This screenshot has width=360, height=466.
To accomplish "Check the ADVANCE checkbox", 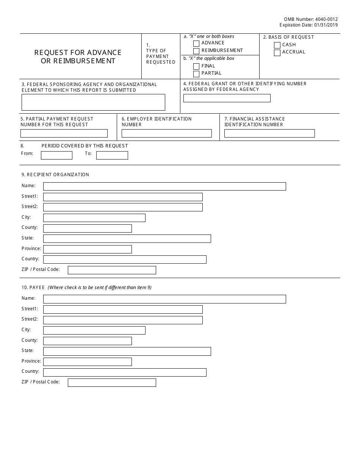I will [x=196, y=44].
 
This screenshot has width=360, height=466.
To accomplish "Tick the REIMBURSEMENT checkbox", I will [x=196, y=51].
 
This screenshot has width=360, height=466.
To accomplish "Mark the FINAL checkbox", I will [x=196, y=66].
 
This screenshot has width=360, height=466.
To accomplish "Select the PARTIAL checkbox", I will [x=196, y=73].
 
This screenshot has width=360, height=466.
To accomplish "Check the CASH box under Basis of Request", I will [x=277, y=45].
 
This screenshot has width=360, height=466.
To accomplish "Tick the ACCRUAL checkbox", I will [x=277, y=53].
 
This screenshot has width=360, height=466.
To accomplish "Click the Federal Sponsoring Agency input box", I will [x=93, y=102].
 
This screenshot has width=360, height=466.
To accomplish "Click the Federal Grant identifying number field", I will [x=227, y=98].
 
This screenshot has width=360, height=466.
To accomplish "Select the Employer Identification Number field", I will [x=166, y=133].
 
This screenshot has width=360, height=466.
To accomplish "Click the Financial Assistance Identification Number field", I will [x=269, y=133].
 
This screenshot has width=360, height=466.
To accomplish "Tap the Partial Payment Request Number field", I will [x=64, y=133].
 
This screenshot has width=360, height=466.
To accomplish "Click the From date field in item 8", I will [x=56, y=155].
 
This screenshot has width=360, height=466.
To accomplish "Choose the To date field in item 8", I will [x=112, y=155].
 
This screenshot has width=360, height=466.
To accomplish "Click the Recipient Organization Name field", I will [x=164, y=186].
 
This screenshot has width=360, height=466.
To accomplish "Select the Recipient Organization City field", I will [x=94, y=218].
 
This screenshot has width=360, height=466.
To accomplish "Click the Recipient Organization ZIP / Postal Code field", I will [x=112, y=270].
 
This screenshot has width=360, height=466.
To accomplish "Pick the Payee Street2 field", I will [x=123, y=320].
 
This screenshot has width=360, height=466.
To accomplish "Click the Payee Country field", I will [x=125, y=372].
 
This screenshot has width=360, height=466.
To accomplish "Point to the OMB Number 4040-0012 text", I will [x=310, y=19].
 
